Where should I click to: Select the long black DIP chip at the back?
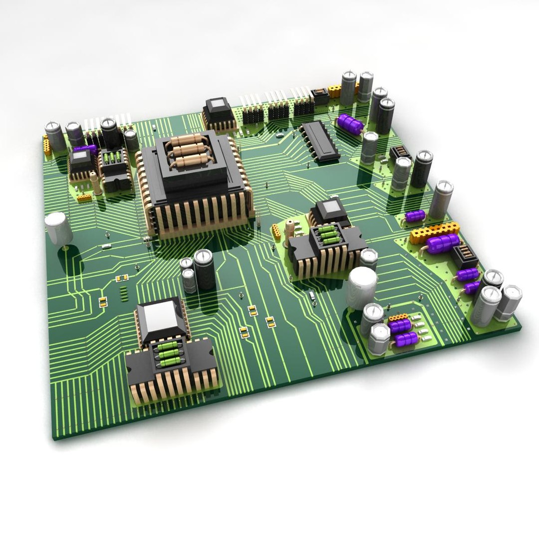pyautogui.click(x=319, y=141)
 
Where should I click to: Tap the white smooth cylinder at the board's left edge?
pyautogui.click(x=58, y=227)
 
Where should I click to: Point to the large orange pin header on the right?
pyautogui.click(x=434, y=232)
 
